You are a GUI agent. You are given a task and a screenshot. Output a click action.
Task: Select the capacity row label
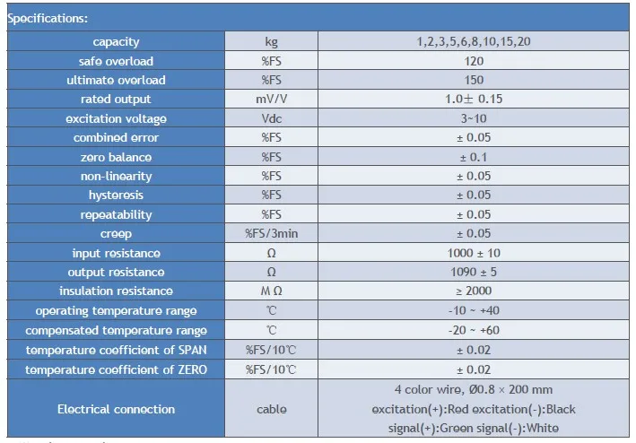coord(117,42)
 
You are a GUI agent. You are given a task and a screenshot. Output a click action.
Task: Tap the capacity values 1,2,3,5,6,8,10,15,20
coord(474,42)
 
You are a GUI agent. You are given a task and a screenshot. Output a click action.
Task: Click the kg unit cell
coord(271,42)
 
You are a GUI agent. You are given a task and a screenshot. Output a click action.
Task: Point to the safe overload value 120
coord(475,62)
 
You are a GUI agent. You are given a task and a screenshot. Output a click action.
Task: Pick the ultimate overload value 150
coord(475,81)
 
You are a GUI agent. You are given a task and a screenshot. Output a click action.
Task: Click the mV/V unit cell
coord(271,100)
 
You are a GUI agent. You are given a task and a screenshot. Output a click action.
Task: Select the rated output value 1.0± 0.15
coord(475,100)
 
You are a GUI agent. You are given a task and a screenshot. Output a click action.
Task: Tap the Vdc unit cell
coord(271,119)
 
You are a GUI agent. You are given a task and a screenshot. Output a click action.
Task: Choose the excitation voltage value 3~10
coord(475,119)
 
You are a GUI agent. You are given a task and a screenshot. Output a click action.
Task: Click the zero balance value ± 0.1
coord(475,158)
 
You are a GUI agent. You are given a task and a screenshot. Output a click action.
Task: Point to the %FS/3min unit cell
coord(271,234)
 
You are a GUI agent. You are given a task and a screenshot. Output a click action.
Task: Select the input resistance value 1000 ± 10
coord(475,253)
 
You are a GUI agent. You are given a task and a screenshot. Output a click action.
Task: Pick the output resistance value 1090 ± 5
coord(475,272)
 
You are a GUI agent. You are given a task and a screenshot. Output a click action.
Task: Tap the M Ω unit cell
coord(271,291)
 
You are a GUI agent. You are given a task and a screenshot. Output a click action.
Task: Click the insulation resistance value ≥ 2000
coord(475,291)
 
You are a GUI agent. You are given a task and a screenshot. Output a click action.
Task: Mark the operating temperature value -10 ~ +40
coord(475,310)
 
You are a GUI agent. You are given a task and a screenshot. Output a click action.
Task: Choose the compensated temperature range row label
coord(117,330)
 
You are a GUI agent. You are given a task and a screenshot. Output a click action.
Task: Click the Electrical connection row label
coord(117,410)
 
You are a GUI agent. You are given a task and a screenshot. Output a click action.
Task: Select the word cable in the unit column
coord(271,410)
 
